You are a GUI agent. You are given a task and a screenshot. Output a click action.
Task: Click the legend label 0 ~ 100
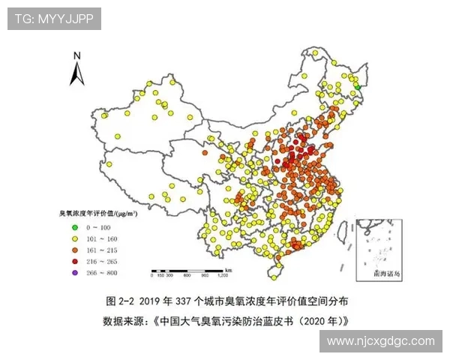98,226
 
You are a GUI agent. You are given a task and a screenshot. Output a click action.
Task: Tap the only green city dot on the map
358,87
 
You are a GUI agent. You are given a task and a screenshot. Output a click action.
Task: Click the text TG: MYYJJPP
54,19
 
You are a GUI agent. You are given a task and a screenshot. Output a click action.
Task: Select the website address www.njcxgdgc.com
381,340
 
